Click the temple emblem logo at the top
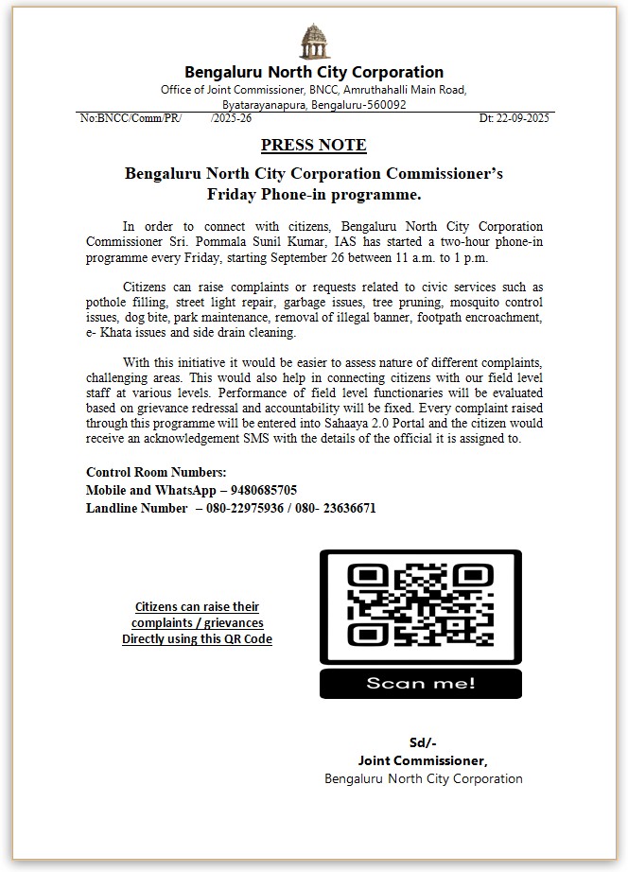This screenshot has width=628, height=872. pyautogui.click(x=314, y=43)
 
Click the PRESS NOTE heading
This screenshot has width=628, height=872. pyautogui.click(x=313, y=145)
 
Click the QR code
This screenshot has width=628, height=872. pyautogui.click(x=420, y=605)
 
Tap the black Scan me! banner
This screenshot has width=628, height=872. pyautogui.click(x=420, y=683)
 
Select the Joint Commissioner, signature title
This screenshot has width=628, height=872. pyautogui.click(x=422, y=760)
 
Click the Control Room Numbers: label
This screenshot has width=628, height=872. pyautogui.click(x=156, y=472)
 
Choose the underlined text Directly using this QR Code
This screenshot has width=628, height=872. pyautogui.click(x=197, y=639)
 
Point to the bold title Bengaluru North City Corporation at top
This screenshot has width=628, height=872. pyautogui.click(x=313, y=72)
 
